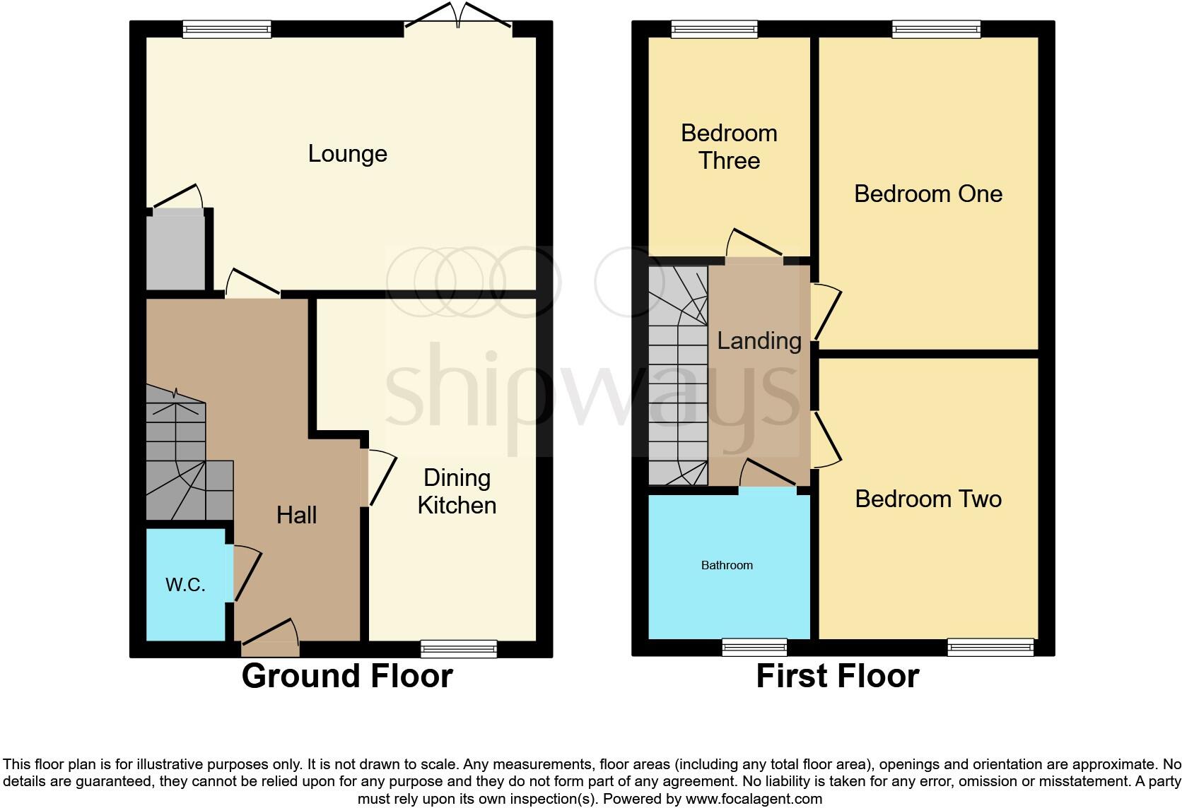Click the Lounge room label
tap(347, 154)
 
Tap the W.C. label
tap(185, 585)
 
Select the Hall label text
tap(296, 515)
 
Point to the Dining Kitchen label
tap(457, 492)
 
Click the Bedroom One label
tap(928, 194)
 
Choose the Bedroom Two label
tap(928, 499)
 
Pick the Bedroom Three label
tap(729, 147)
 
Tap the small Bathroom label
tap(727, 565)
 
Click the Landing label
tap(759, 340)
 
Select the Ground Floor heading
tap(346, 676)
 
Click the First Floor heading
tap(837, 676)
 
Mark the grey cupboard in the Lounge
tap(175, 251)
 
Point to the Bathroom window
tap(754, 646)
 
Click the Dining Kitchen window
tap(458, 648)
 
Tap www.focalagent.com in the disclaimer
tap(754, 799)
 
